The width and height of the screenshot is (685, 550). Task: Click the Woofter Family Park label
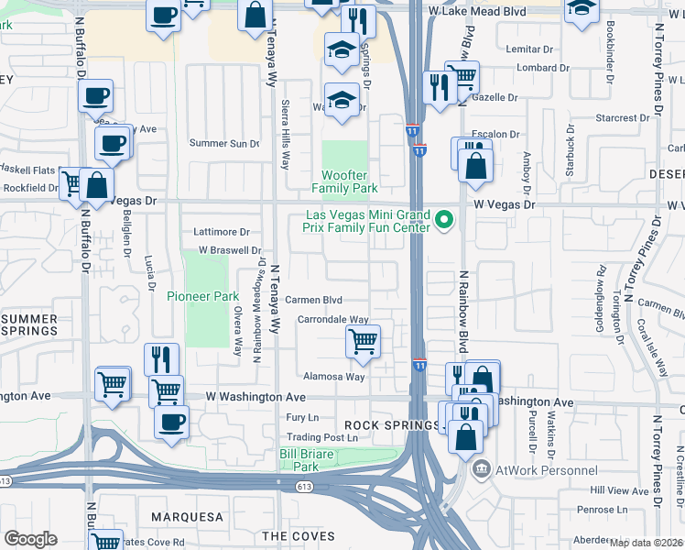[x=344, y=181]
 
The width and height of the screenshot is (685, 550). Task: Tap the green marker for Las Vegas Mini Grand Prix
[x=445, y=220]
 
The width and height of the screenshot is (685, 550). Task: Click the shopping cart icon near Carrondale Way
[x=364, y=342]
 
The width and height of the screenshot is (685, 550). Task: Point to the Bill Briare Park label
[x=301, y=459]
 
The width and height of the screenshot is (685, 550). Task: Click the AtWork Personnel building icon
[x=481, y=470]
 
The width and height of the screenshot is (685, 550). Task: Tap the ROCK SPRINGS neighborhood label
[x=380, y=425]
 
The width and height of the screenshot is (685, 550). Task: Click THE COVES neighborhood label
[x=298, y=535]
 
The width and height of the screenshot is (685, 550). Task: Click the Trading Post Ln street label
[x=324, y=437]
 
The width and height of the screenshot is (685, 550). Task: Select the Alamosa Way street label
[x=333, y=377]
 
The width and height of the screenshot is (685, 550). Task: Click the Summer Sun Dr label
[x=224, y=143]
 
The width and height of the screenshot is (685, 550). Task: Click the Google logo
[x=30, y=539]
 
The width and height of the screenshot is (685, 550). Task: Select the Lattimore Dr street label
[x=222, y=232]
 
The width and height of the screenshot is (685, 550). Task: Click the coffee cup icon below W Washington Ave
[x=171, y=423]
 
